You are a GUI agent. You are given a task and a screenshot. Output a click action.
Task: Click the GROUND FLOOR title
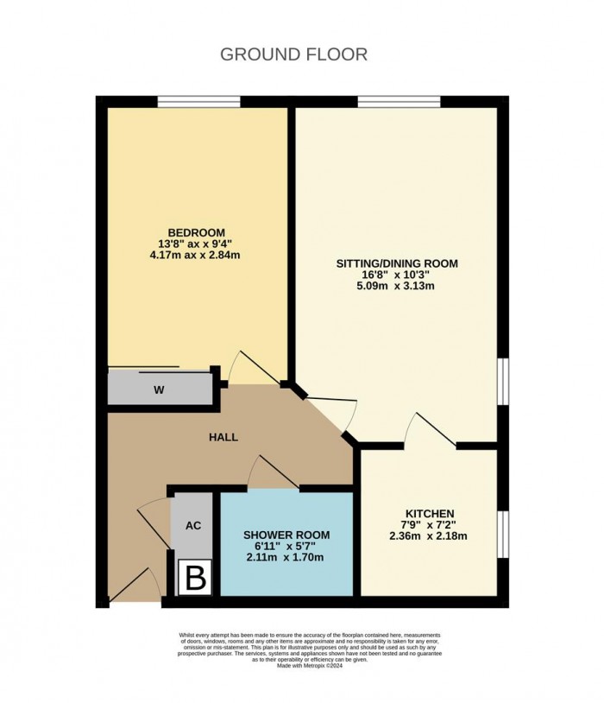click(293, 54)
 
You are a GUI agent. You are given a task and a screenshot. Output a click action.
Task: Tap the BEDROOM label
click(196, 232)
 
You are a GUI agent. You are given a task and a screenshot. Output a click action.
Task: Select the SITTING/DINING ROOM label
click(397, 263)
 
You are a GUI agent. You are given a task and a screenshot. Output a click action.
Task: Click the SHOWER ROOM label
click(286, 535)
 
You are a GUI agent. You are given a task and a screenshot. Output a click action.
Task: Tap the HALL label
click(223, 437)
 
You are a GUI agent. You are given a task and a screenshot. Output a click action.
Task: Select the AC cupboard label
click(195, 525)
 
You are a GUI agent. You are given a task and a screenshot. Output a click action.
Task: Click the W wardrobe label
click(159, 389)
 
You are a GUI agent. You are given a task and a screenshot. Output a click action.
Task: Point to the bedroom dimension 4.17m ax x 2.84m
click(196, 255)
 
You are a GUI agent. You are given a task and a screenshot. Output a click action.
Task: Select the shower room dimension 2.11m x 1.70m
click(286, 557)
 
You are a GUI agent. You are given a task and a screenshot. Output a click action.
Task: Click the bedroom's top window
click(198, 102)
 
